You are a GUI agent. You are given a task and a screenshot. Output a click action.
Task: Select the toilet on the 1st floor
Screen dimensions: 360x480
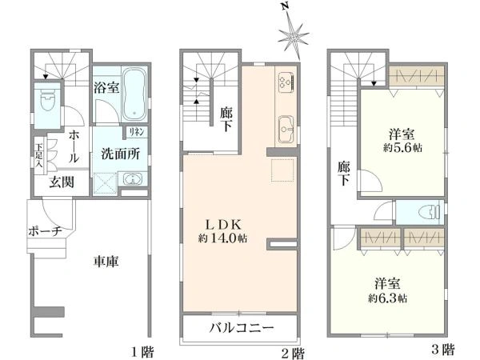click(x=46, y=102)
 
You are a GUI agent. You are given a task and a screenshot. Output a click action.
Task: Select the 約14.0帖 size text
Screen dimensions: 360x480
click(x=222, y=238)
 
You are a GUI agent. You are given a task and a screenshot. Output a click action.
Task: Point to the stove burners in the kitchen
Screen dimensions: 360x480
click(x=286, y=83)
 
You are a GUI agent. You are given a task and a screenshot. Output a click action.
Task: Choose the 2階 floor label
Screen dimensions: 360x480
click(x=293, y=350)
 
